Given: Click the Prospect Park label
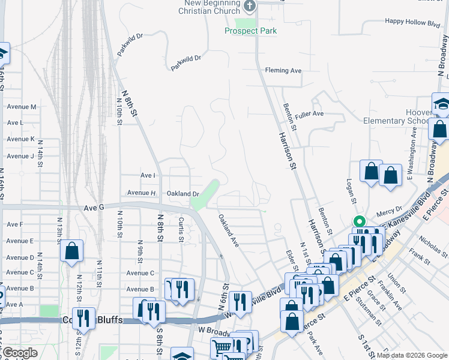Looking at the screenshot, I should (250, 31).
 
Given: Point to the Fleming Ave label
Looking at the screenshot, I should (283, 71).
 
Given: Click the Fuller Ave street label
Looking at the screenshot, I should (309, 113).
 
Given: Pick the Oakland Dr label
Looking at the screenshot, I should (182, 194).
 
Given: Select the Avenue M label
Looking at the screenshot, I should (22, 107).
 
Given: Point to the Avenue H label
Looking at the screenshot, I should (141, 193).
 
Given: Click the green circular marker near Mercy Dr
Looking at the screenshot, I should (359, 220).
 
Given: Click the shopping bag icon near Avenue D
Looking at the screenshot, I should (71, 252).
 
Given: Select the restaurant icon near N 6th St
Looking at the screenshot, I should (240, 302).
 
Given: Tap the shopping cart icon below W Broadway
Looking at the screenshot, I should (221, 347).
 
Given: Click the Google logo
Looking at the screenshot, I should (19, 353).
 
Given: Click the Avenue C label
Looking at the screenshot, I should (140, 273).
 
